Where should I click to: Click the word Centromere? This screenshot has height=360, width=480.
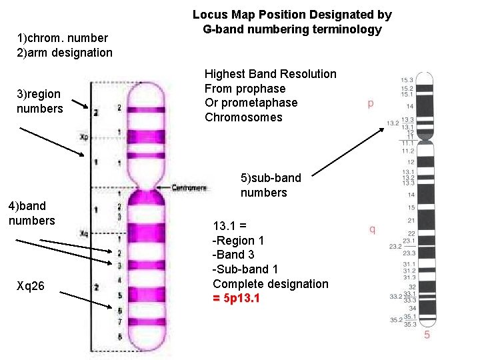click(190, 188)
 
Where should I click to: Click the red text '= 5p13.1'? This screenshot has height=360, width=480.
click(237, 298)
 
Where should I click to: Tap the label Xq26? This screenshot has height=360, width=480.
click(31, 286)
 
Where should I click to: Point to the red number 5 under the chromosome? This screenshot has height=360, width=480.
click(427, 334)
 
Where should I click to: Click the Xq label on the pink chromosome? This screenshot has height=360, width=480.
click(84, 233)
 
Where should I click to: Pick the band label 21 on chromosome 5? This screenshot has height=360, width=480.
click(411, 220)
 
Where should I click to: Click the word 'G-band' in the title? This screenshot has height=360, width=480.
click(224, 29)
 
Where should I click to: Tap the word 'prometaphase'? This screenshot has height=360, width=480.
click(251, 103)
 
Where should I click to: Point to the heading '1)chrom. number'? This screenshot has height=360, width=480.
click(62, 38)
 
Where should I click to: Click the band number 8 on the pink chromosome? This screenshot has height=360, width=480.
click(119, 337)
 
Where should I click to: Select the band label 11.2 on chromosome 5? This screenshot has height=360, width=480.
click(408, 151)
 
